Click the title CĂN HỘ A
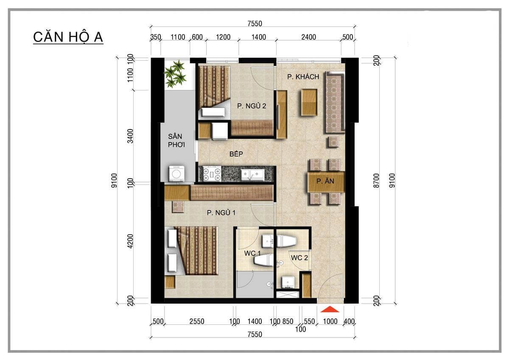pyautogui.click(x=68, y=37)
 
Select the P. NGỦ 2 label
pyautogui.click(x=252, y=106)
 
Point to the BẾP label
pyautogui.click(x=236, y=154)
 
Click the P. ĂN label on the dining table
pyautogui.click(x=325, y=181)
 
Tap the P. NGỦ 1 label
pyautogui.click(x=221, y=213)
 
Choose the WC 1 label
pyautogui.click(x=252, y=253)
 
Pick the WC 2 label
pyautogui.click(x=299, y=257)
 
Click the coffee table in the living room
pyautogui.click(x=310, y=102)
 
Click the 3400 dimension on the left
pyautogui.click(x=130, y=136)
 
